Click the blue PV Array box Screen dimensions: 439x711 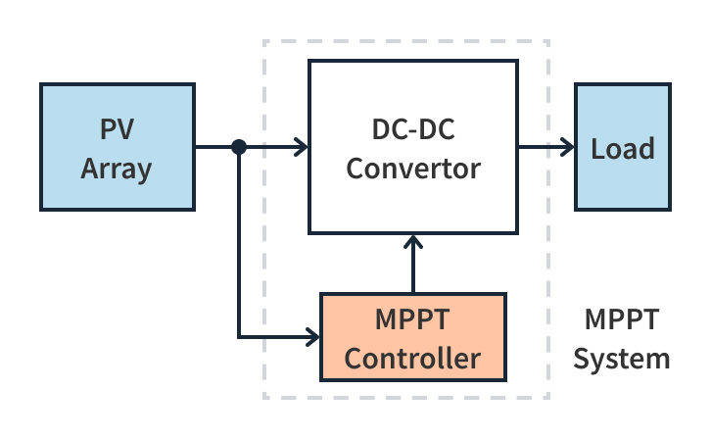click(x=118, y=147)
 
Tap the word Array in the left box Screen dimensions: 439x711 click(x=117, y=168)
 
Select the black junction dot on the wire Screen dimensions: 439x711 click(x=238, y=147)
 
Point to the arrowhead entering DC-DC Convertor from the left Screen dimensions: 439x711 click(x=302, y=147)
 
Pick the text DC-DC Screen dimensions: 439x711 click(x=413, y=129)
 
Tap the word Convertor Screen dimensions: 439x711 click(x=413, y=168)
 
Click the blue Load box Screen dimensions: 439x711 click(x=623, y=147)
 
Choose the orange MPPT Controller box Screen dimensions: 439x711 click(x=413, y=337)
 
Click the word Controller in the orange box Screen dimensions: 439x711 click(x=413, y=358)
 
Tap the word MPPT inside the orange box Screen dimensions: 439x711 click(x=413, y=319)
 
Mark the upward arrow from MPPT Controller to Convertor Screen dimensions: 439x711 click(x=414, y=265)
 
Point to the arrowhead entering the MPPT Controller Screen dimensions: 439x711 click(x=313, y=337)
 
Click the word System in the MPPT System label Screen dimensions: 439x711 click(x=622, y=358)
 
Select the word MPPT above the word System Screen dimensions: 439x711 click(x=622, y=320)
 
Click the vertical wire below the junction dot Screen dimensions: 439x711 click(x=238, y=245)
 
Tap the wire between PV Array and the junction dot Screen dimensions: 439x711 click(x=215, y=147)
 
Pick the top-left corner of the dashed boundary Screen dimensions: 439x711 click(x=264, y=41)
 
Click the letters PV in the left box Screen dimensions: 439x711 click(x=117, y=129)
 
